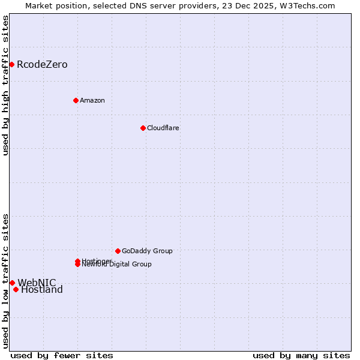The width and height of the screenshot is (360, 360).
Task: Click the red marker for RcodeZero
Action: (11, 64)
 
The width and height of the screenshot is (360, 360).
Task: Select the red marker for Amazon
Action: (76, 100)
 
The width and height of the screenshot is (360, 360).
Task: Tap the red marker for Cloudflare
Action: (143, 128)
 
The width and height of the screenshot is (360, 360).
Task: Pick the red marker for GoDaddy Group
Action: (118, 251)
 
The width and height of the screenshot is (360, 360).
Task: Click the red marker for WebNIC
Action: (12, 283)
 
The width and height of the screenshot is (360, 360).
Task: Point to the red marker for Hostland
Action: (16, 290)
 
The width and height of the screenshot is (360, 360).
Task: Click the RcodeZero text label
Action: (42, 65)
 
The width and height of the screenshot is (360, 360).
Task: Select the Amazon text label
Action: (92, 100)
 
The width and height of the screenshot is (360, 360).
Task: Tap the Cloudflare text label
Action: (163, 128)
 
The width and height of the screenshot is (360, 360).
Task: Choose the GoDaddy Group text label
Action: (147, 251)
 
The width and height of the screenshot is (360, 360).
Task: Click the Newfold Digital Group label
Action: (118, 265)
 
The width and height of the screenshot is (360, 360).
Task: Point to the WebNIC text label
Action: (37, 283)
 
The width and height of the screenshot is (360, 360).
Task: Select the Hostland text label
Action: (42, 290)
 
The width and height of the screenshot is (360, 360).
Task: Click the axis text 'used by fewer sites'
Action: (62, 356)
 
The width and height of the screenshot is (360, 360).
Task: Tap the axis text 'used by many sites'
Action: (301, 356)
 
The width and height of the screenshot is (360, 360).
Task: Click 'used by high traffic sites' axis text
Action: (5, 85)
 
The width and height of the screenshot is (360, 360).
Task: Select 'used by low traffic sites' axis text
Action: (5, 280)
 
